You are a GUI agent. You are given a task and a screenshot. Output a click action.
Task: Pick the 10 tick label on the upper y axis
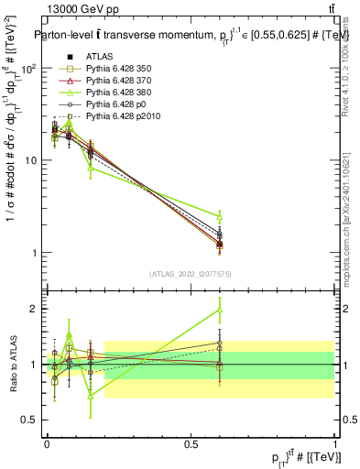click(32, 160)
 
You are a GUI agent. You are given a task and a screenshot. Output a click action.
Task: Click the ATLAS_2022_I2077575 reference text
click(191, 274)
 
